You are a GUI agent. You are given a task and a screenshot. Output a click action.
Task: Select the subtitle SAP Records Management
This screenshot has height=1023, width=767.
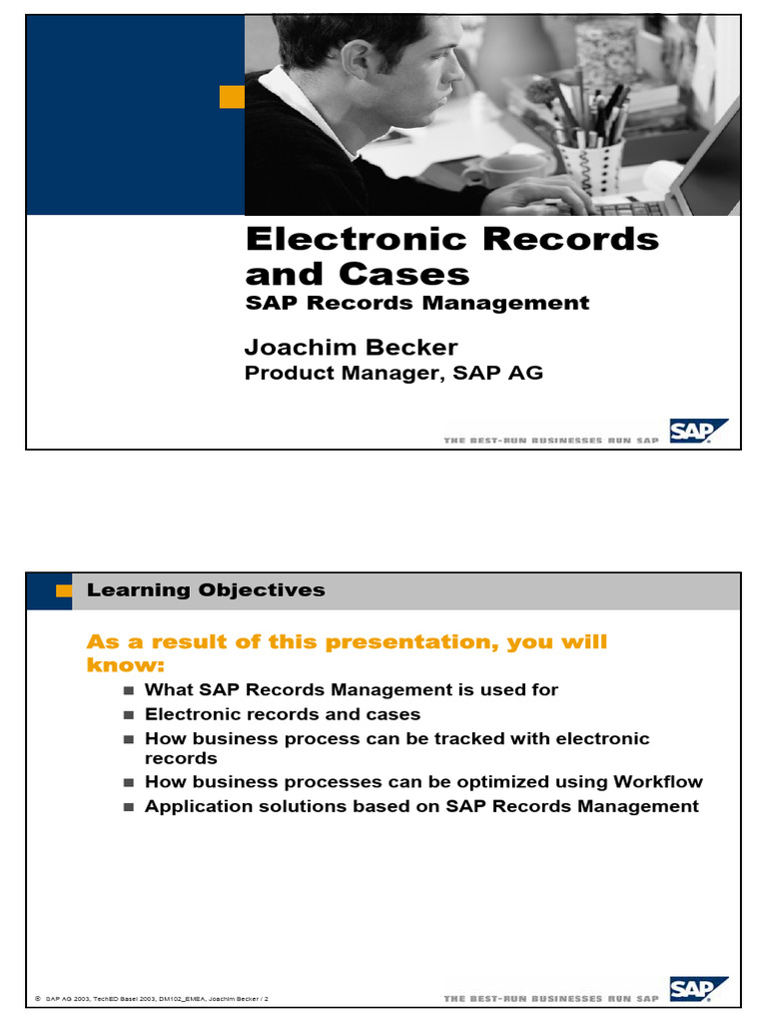coord(417,303)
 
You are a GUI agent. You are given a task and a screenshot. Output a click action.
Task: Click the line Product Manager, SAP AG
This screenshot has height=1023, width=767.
coord(393,374)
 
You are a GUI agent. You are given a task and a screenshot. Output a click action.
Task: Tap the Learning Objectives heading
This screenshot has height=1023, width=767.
coord(206,590)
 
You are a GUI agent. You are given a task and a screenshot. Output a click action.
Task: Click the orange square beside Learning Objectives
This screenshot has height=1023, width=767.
coord(64,590)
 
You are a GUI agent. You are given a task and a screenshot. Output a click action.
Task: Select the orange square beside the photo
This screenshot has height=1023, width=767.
coord(232,96)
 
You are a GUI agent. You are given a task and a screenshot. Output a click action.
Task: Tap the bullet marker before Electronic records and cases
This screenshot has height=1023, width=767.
coord(128,715)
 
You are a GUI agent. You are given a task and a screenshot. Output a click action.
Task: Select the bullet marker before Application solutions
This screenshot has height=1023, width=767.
coord(128,807)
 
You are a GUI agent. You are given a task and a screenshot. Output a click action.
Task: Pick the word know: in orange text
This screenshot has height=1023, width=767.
coord(126,665)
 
